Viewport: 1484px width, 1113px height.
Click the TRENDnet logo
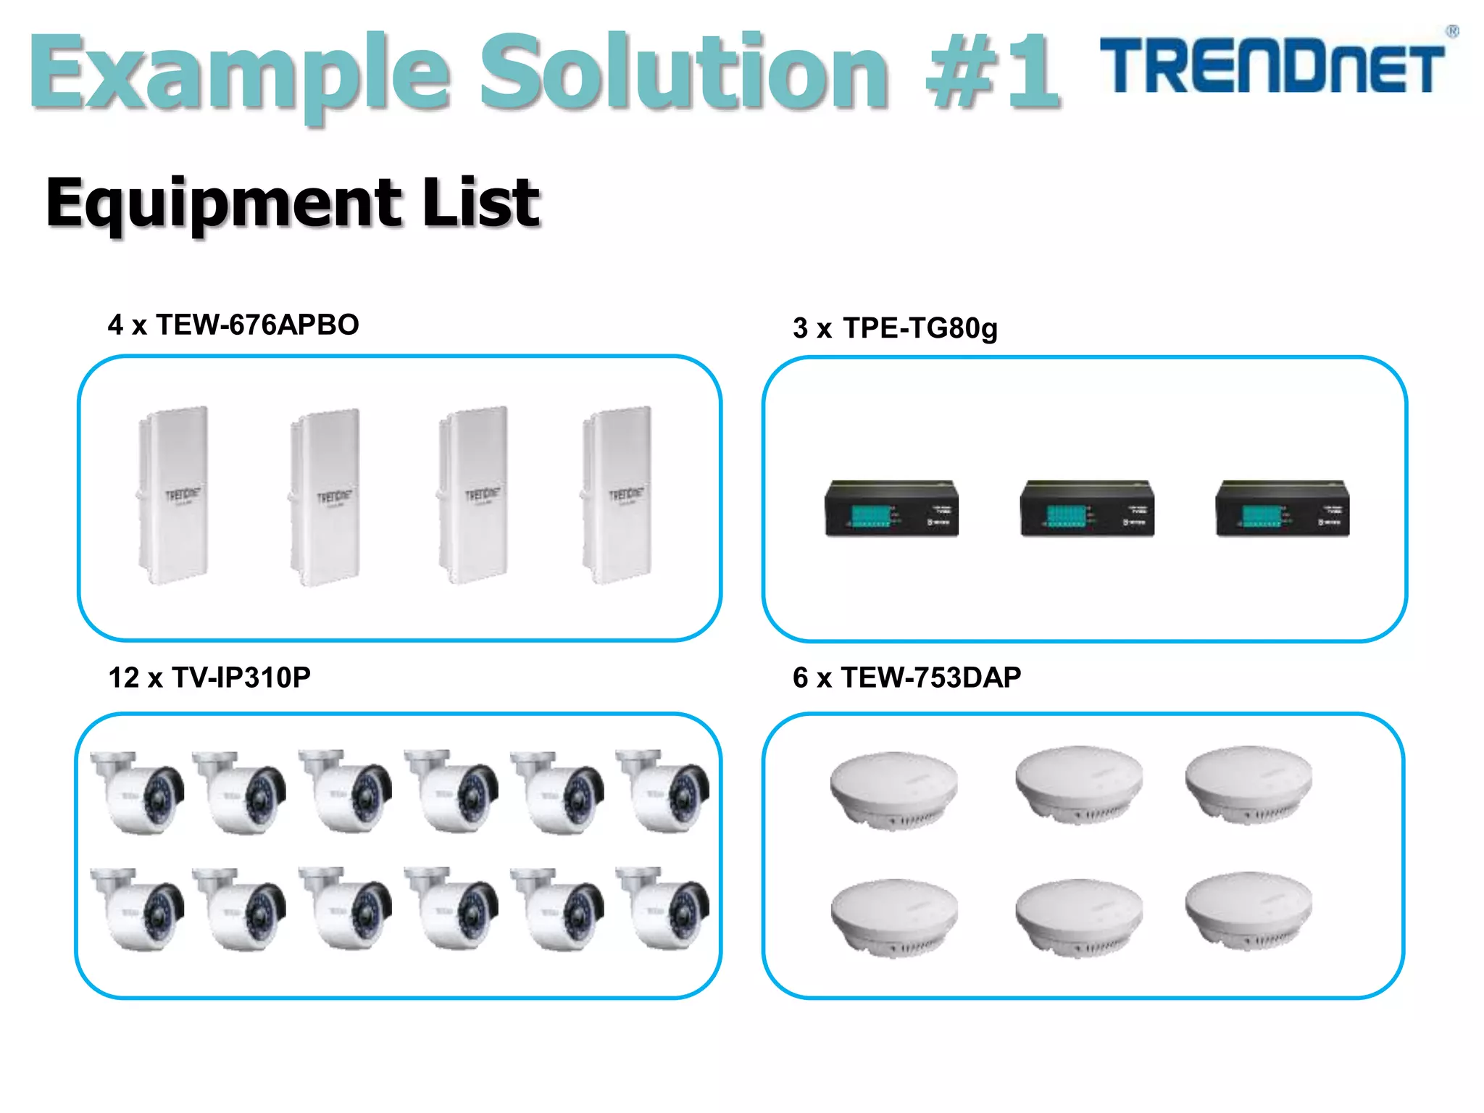[x=1272, y=67]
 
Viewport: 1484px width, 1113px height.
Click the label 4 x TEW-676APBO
[x=233, y=325]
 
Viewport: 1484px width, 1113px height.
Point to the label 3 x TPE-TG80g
[x=895, y=328]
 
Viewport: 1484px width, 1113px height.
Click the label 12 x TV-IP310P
[x=209, y=678]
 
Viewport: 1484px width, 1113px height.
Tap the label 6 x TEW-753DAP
[x=906, y=678]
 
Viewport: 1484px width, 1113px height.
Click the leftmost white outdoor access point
[x=173, y=495]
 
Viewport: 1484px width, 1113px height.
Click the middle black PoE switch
[x=1087, y=509]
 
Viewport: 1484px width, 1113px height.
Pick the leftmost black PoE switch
[x=891, y=509]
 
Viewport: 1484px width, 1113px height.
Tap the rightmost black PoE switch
[x=1282, y=509]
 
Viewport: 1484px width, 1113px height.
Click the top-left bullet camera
[x=138, y=791]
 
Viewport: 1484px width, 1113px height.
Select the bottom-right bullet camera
[x=663, y=909]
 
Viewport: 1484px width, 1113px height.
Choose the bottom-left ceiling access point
[x=893, y=917]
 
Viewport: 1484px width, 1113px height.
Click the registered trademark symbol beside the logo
[x=1452, y=31]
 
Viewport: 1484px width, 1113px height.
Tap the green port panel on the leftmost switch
[x=870, y=516]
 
